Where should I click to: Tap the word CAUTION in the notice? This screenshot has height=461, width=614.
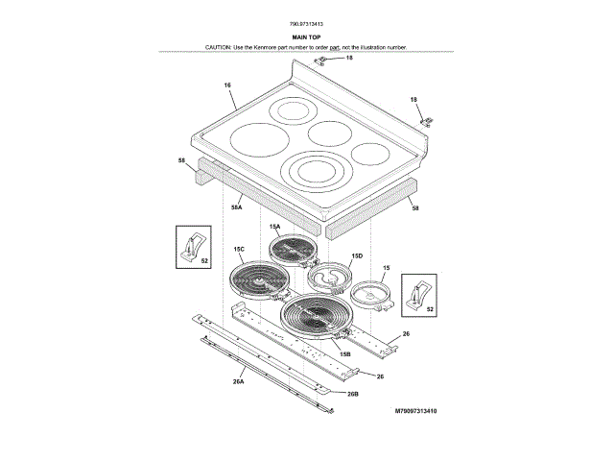[222, 47]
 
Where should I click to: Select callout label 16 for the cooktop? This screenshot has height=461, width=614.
[228, 86]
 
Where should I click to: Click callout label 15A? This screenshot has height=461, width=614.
[274, 228]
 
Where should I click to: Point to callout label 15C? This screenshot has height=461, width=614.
[239, 250]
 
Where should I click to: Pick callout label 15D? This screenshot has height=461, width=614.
[356, 256]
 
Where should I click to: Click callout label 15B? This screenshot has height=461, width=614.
[344, 354]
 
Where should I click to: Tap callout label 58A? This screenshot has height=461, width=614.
[236, 206]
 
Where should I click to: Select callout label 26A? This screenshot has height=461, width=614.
[238, 382]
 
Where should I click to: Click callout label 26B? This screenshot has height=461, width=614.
[352, 394]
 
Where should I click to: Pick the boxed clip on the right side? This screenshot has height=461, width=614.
[417, 295]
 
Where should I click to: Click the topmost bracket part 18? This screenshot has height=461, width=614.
[327, 60]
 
